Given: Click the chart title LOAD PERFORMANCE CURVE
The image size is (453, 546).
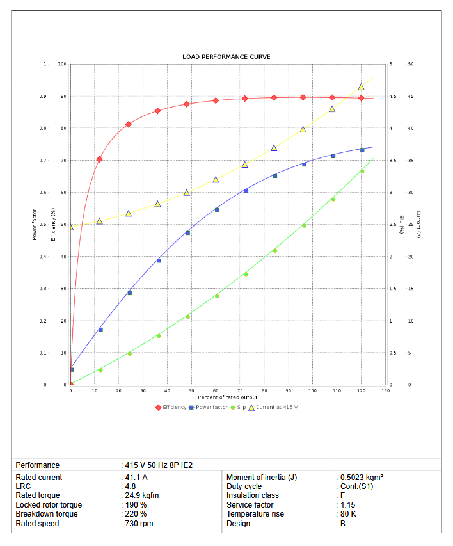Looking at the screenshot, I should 226,57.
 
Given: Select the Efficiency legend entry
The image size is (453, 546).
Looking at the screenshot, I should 171,407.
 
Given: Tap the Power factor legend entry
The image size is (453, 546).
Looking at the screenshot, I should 211,407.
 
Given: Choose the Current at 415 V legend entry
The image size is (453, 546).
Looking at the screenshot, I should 276,407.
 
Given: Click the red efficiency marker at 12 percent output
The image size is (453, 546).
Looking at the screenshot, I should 99,159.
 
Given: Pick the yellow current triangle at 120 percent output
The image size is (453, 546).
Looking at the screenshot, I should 361,87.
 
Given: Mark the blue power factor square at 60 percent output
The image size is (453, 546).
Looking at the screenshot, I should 217,209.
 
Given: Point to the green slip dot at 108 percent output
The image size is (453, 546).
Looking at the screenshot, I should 333,199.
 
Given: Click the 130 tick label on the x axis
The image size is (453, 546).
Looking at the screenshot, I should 385,390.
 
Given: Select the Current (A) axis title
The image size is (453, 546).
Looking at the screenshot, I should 418,225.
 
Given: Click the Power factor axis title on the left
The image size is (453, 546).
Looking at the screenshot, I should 35,225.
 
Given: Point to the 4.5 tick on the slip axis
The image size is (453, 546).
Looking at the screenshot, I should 393,97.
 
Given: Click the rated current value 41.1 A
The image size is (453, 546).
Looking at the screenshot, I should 136,478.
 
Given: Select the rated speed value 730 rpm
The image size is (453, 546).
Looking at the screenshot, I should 139,524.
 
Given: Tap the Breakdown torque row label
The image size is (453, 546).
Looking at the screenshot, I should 47,514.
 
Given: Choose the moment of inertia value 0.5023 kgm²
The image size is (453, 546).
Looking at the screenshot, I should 362,478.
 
